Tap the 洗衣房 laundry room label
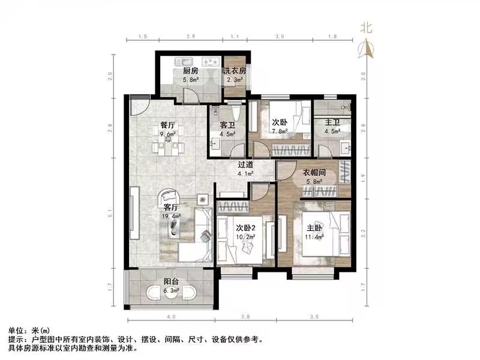point(235,71)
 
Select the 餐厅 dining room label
point(167,125)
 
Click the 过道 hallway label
point(245,164)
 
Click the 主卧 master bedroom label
point(316,228)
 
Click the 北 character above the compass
point(366,27)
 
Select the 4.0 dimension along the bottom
point(171,316)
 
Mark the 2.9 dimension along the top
point(190,37)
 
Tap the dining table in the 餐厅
point(167,143)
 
